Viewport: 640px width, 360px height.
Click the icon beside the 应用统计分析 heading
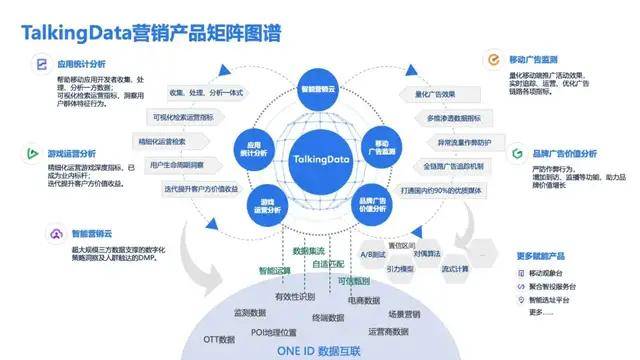pos(33,63)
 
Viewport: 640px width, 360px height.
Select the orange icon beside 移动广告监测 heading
pos(492,61)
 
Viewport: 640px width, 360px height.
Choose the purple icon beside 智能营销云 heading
pos(33,233)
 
